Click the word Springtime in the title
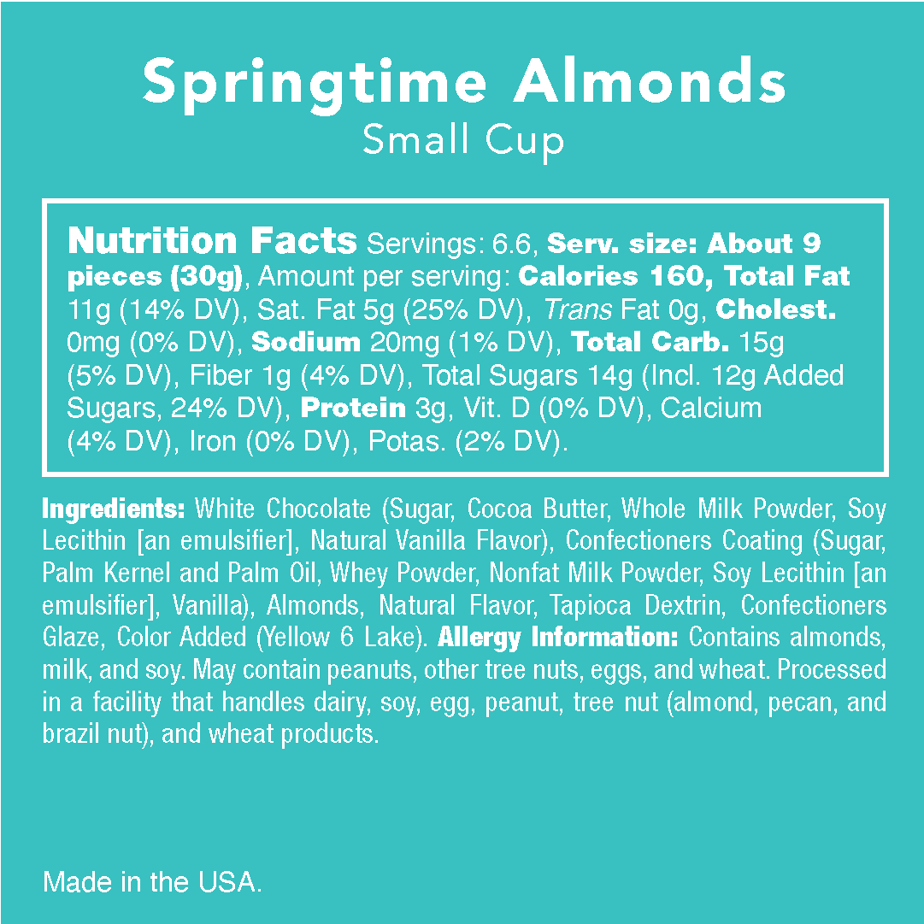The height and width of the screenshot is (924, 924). click(x=314, y=83)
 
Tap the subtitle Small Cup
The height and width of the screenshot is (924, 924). click(x=462, y=139)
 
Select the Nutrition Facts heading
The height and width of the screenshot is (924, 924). click(x=212, y=242)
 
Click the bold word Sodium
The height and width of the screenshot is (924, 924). click(x=307, y=343)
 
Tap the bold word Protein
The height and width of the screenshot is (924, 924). click(x=354, y=409)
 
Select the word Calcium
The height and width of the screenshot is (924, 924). click(x=711, y=409)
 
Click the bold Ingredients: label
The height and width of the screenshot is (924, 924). click(x=114, y=509)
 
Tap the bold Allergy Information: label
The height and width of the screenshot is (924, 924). click(x=558, y=638)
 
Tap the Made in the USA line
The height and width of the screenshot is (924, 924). click(x=152, y=883)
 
